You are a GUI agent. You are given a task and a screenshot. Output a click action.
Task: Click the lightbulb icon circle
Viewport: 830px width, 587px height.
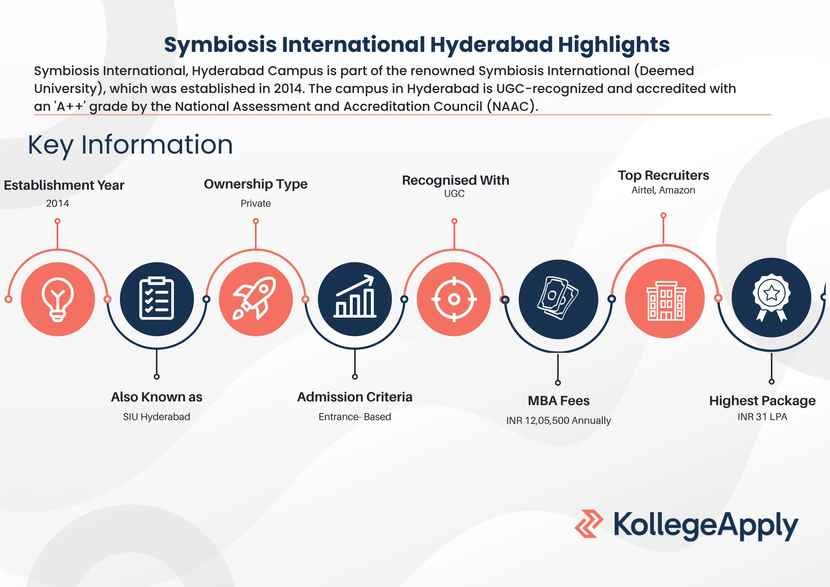click(x=58, y=299)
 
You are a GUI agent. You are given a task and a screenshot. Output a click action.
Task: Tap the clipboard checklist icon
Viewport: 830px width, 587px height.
click(x=156, y=299)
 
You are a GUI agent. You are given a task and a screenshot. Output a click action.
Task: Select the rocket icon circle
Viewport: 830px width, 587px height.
click(x=256, y=299)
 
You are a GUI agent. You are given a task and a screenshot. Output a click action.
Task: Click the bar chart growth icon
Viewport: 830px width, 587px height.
click(x=355, y=299)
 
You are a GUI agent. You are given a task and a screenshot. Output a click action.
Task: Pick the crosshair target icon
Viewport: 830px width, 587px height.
click(x=454, y=299)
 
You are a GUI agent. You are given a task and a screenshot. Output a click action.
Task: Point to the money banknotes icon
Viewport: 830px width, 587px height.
click(x=558, y=299)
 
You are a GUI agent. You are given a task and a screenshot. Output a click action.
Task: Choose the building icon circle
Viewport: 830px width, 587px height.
click(x=665, y=298)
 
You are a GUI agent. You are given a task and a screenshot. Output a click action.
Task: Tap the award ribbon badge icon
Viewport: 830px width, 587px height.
click(x=771, y=297)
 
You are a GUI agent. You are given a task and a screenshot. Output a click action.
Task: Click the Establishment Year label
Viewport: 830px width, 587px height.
click(x=64, y=185)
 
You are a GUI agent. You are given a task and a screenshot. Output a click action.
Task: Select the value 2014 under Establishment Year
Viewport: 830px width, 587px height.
click(x=57, y=203)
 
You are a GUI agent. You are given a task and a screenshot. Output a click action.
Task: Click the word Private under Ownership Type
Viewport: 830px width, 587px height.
click(x=256, y=203)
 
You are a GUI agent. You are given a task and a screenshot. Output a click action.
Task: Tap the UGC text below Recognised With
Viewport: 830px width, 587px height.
click(x=454, y=193)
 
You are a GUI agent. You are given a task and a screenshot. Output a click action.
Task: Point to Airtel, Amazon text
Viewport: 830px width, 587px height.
click(x=663, y=190)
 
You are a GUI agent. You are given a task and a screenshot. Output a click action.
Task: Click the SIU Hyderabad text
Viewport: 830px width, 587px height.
click(x=156, y=417)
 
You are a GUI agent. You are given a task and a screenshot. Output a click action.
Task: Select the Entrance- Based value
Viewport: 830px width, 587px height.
click(x=355, y=417)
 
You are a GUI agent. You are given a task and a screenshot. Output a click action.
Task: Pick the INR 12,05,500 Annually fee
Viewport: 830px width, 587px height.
click(x=559, y=421)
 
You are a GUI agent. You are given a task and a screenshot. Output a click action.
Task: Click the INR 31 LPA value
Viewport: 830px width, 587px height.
click(x=762, y=417)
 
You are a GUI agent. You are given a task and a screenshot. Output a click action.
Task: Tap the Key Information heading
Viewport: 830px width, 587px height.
click(x=130, y=145)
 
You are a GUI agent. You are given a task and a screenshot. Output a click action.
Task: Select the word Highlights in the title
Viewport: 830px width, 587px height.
click(x=613, y=45)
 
